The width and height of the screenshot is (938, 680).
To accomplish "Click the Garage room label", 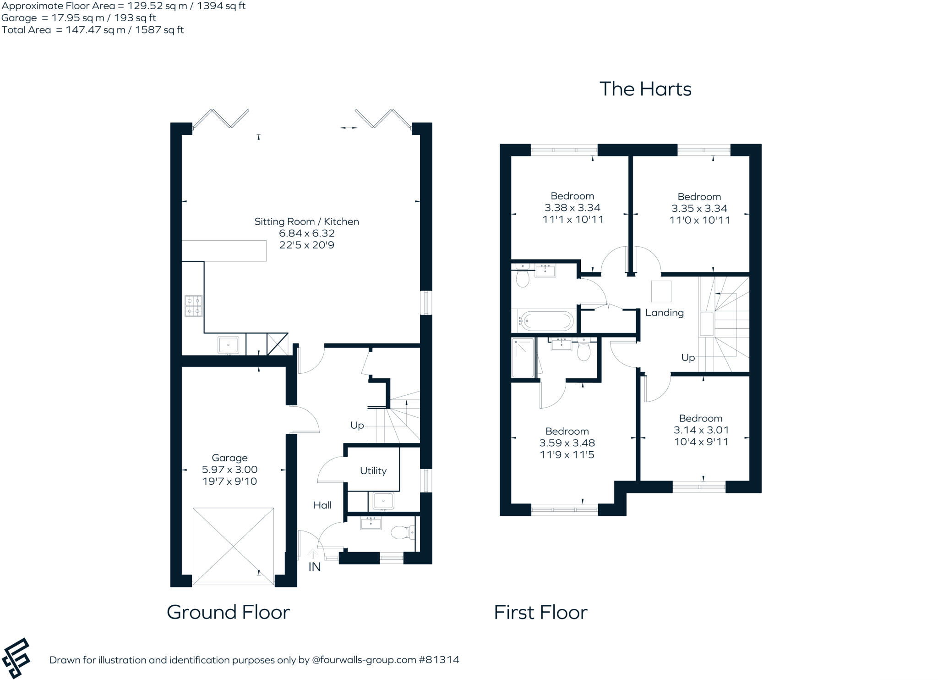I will pyautogui.click(x=229, y=458).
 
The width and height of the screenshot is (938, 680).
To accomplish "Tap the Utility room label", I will pyautogui.click(x=373, y=470).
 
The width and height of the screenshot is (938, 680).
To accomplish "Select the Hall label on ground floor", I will pyautogui.click(x=322, y=505).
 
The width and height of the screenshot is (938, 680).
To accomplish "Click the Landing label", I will pyautogui.click(x=664, y=313).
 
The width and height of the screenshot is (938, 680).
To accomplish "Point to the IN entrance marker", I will pyautogui.click(x=314, y=567).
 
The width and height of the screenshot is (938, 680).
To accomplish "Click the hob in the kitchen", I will pyautogui.click(x=193, y=306).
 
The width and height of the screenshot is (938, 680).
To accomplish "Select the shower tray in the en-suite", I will pyautogui.click(x=523, y=358).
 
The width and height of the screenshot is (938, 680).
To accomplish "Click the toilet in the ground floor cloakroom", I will pyautogui.click(x=402, y=533).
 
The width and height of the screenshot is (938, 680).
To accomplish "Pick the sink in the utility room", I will pyautogui.click(x=383, y=501).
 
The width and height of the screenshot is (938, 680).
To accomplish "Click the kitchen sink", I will pyautogui.click(x=228, y=344).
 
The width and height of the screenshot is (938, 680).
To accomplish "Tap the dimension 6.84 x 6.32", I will pyautogui.click(x=306, y=233).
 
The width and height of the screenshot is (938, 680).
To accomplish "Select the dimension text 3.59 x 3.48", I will pyautogui.click(x=567, y=443).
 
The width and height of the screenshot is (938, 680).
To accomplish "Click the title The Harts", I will pyautogui.click(x=645, y=89).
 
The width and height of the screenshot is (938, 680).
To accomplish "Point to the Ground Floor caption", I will pyautogui.click(x=228, y=612).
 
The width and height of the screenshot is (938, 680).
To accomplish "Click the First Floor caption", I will pyautogui.click(x=540, y=612).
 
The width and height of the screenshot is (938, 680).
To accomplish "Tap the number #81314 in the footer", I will pyautogui.click(x=439, y=660).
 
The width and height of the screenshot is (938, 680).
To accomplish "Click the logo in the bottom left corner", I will pyautogui.click(x=16, y=658).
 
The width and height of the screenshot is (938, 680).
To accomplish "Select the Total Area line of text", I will pyautogui.click(x=93, y=30).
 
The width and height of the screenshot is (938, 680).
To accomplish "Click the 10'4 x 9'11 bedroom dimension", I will pyautogui.click(x=701, y=442).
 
